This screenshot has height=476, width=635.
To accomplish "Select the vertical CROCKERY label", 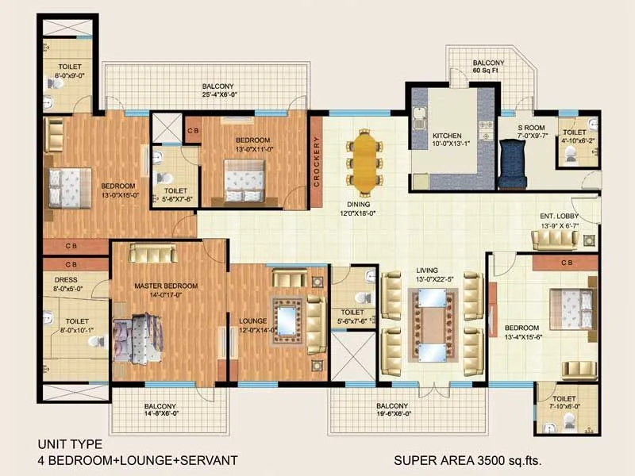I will coord(317,163).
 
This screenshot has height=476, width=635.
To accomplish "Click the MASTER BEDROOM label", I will coord(166,286).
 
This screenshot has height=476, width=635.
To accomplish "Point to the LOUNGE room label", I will coord(252,321).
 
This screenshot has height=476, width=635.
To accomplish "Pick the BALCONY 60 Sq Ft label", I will coord(488,67).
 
